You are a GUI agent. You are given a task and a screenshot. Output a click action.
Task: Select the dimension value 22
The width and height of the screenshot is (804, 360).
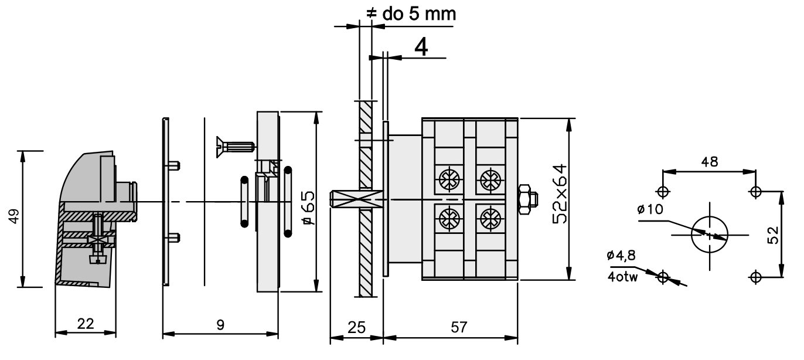[x=86, y=324]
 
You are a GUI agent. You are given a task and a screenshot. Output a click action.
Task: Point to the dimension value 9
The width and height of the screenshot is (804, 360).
[x=220, y=324]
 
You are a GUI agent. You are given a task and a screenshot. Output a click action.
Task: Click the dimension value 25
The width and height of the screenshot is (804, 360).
[x=356, y=326]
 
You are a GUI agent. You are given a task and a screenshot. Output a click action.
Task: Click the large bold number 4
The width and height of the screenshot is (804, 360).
[x=421, y=46]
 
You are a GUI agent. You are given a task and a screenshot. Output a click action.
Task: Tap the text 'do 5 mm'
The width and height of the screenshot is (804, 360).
[x=419, y=13]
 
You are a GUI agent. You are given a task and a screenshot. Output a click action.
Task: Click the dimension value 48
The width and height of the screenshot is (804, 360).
[x=709, y=162]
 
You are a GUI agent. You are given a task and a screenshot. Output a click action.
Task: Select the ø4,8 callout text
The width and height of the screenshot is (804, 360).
[x=622, y=256]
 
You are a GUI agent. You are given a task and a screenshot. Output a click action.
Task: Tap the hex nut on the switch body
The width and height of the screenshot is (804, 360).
[x=527, y=199]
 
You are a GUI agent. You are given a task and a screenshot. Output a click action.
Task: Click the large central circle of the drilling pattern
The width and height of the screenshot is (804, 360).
[x=710, y=235]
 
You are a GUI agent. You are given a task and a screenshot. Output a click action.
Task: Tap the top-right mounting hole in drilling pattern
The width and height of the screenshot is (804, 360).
[x=756, y=191]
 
